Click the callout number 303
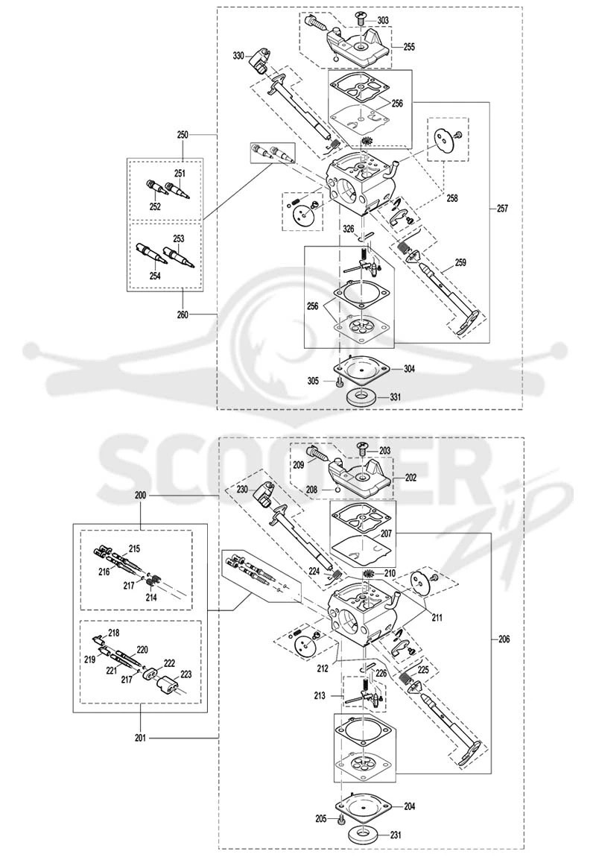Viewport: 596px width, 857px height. pos(383,20)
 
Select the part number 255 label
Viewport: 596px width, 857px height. pos(409,47)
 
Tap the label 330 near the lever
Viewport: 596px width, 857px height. pos(238,56)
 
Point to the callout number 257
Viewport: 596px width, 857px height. pos(502,208)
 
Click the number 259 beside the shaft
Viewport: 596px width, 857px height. pos(460,262)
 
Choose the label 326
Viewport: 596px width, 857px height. pos(348,228)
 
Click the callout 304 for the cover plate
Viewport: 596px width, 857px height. pos(409,369)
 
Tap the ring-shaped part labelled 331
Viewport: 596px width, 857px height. pos(361,396)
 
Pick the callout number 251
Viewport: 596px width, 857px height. pos(180,173)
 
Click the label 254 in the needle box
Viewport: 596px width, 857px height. pos(155,276)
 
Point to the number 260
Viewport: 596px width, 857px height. pos(182,314)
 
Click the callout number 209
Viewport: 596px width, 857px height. pos(314,466)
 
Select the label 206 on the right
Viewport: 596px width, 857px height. pos(504,639)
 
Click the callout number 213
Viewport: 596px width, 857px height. pos(320,696)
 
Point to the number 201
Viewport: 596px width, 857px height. pos(140,738)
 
